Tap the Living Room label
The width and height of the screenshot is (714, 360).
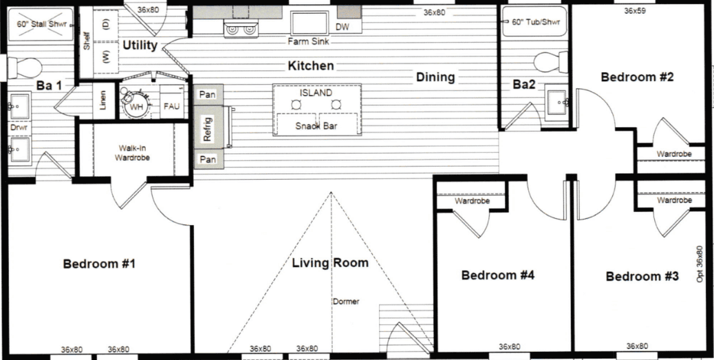(x=329, y=262)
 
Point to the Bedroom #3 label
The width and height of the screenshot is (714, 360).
(x=642, y=276)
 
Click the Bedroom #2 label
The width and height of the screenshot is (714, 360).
(x=637, y=76)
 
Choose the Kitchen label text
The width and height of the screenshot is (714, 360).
(x=311, y=65)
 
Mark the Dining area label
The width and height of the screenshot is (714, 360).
(x=435, y=77)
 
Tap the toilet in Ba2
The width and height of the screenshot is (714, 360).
(x=550, y=62)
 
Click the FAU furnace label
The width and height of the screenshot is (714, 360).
(x=171, y=107)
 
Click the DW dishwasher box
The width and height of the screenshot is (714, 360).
(x=342, y=27)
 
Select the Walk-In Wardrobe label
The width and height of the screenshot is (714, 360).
(x=132, y=152)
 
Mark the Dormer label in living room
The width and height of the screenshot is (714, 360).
(x=346, y=301)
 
